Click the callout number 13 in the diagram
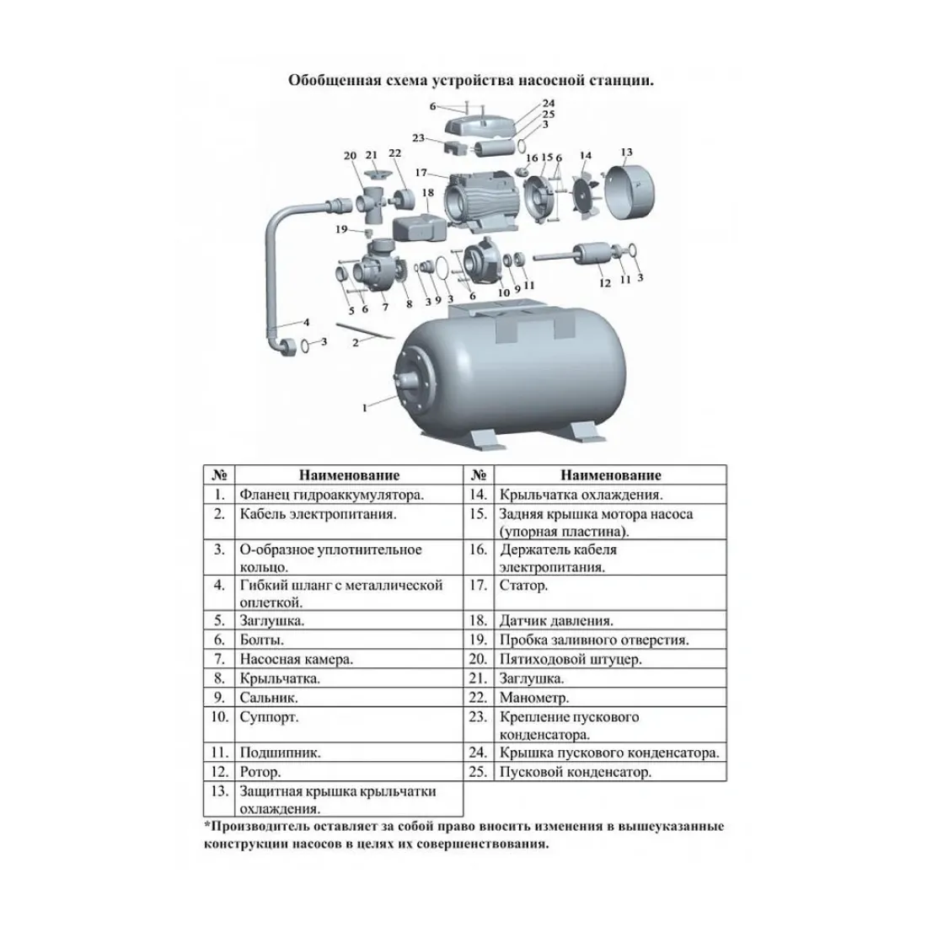pyautogui.click(x=627, y=153)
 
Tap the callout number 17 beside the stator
pyautogui.click(x=421, y=173)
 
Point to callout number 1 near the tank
pyautogui.click(x=365, y=407)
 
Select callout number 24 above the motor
pyautogui.click(x=549, y=103)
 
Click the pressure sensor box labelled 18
pyautogui.click(x=420, y=228)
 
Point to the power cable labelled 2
pyautogui.click(x=365, y=331)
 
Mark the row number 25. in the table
pyautogui.click(x=478, y=771)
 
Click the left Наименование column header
pyautogui.click(x=349, y=474)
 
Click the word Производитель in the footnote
pyautogui.click(x=260, y=827)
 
